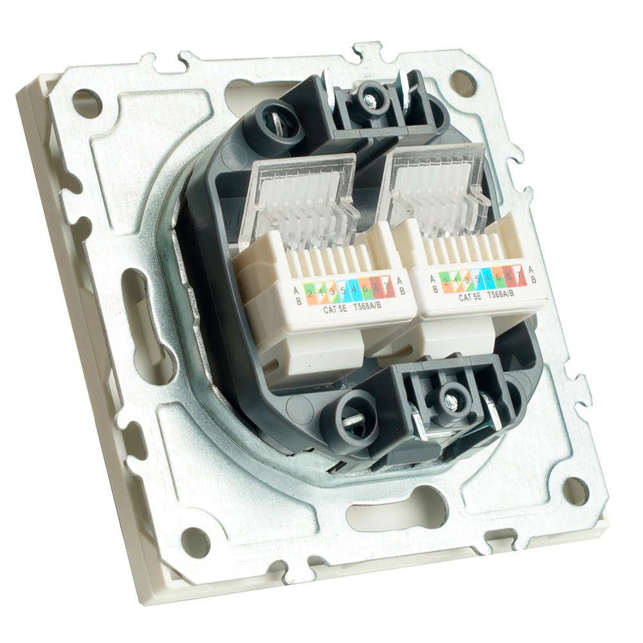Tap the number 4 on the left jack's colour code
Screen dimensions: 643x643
(354, 289)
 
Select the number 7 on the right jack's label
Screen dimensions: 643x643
(516, 279)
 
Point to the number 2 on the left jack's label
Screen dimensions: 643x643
(310, 294)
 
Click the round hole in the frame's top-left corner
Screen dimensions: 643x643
(86, 103)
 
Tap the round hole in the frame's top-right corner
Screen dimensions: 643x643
(463, 82)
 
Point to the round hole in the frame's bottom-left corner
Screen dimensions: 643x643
(195, 541)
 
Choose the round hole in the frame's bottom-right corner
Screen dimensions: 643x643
(576, 491)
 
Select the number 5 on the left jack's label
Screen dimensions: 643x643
(343, 291)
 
